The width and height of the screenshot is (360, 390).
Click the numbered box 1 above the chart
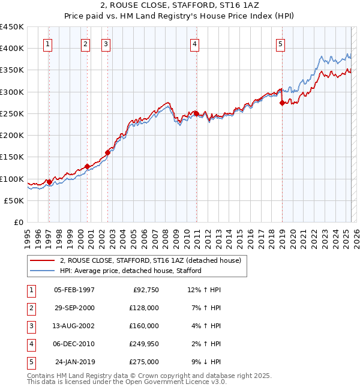(x=47, y=43)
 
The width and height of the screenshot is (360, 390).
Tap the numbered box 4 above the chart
(x=196, y=43)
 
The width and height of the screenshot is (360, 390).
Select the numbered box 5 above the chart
(x=281, y=43)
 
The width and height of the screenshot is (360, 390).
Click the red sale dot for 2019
(x=282, y=103)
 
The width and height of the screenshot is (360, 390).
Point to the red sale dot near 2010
(x=196, y=113)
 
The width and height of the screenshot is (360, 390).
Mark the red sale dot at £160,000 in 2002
(x=108, y=152)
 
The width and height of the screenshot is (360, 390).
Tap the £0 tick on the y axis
(x=17, y=223)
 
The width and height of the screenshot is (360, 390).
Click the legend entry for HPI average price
(x=130, y=271)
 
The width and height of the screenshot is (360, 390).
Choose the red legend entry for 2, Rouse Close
(x=150, y=260)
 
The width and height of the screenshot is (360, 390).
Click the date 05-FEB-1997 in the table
(x=74, y=290)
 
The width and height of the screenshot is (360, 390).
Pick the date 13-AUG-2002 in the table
(x=74, y=326)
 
